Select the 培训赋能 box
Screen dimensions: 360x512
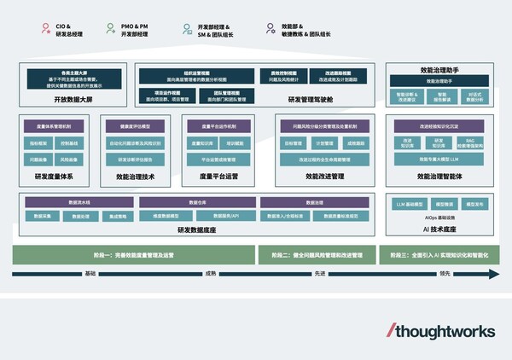click(x=238, y=144)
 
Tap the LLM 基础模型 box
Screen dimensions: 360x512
click(x=411, y=206)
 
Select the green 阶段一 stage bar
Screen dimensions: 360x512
click(x=134, y=255)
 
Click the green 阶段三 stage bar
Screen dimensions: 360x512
click(x=440, y=255)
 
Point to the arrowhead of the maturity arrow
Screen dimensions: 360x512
click(x=494, y=274)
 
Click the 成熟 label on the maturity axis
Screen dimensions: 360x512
click(x=210, y=274)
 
